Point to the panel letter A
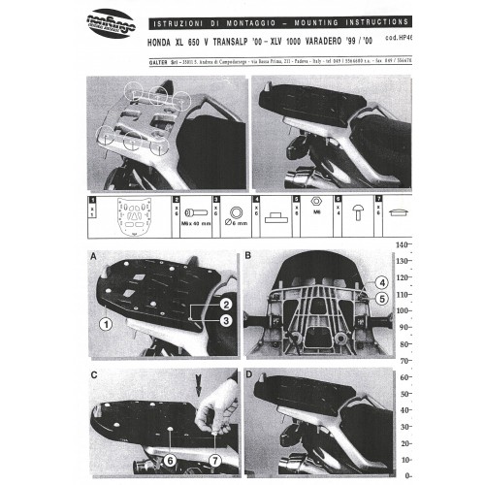92,257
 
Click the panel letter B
248,257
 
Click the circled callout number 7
215,434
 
